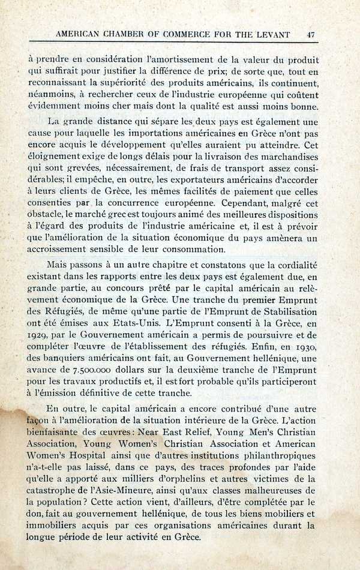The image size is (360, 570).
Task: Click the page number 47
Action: [x=310, y=35]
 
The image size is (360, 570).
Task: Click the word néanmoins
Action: [x=50, y=94]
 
